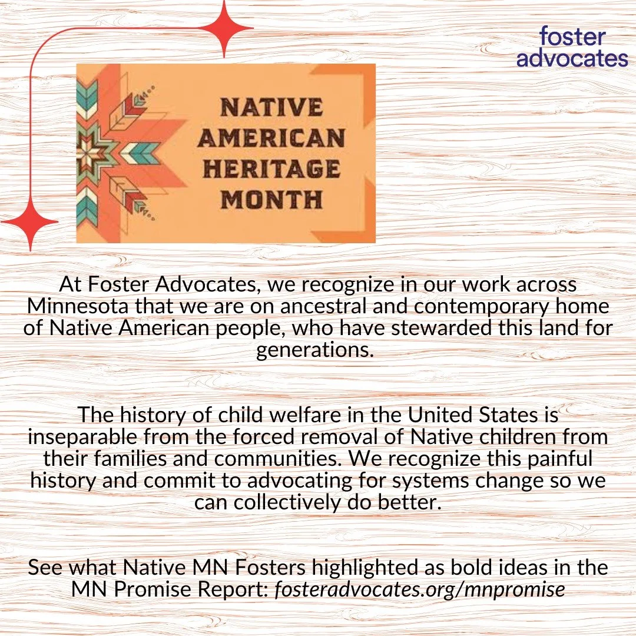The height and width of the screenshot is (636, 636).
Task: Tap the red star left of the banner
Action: coord(28,222)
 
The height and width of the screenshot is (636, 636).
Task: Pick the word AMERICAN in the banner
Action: coord(271,138)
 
